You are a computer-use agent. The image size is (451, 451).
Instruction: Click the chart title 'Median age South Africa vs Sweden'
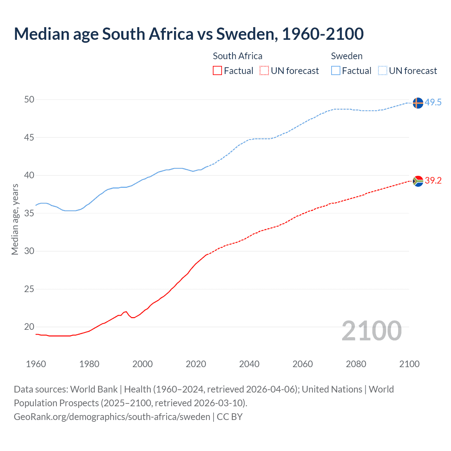189,34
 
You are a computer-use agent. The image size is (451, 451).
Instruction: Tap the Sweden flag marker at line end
418,103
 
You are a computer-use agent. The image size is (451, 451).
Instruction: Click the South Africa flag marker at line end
418,181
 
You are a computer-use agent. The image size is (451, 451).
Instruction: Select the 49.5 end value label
433,103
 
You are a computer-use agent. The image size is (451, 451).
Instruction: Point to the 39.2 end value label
433,180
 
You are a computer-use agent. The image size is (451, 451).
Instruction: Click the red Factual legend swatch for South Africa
217,71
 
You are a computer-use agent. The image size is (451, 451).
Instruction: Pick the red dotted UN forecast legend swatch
264,71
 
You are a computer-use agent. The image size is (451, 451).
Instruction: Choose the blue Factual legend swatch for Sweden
336,71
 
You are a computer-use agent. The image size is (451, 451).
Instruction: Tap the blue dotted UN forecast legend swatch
383,71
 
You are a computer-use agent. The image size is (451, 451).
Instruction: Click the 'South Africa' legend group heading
237,56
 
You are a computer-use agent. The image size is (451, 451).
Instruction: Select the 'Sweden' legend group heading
347,56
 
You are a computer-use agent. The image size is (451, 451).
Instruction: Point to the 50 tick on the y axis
29,100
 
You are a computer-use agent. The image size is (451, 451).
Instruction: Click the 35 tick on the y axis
29,213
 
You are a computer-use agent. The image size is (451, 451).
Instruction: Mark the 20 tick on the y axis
29,327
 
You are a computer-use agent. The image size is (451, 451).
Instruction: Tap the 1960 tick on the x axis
36,364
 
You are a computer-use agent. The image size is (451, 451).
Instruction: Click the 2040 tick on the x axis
249,364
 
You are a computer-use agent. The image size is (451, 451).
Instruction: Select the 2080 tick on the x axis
356,364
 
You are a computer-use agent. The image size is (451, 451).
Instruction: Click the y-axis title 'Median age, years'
15,219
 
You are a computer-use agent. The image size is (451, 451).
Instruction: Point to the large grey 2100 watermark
372,330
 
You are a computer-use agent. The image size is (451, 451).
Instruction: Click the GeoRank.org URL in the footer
112,417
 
